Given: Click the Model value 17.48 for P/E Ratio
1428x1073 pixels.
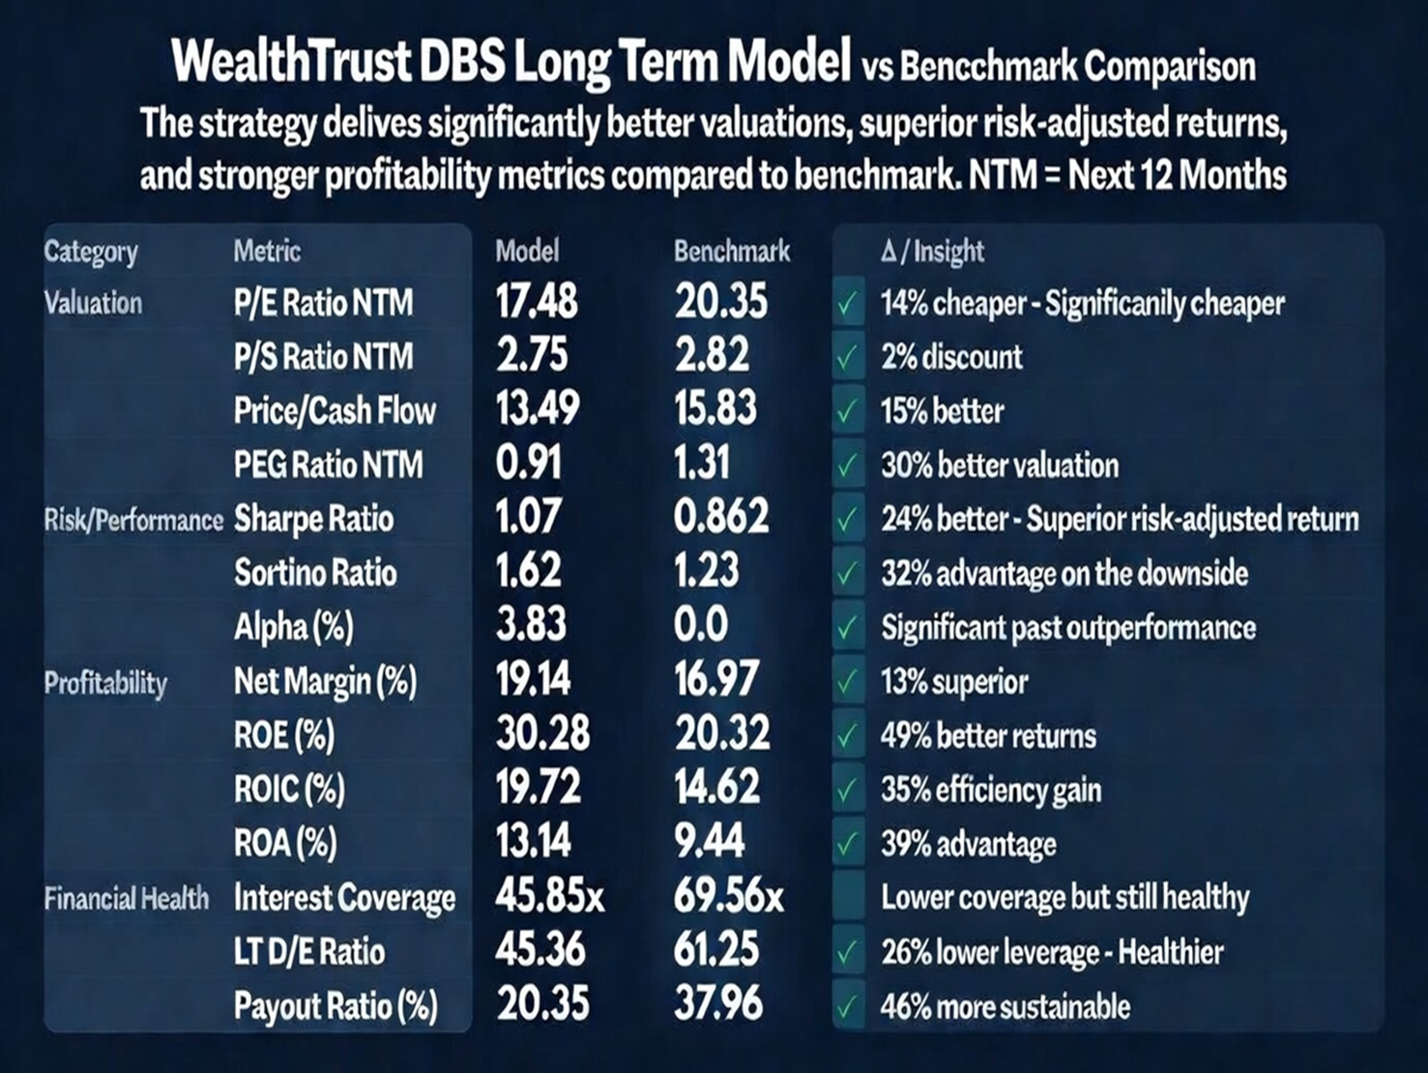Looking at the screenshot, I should pyautogui.click(x=537, y=302).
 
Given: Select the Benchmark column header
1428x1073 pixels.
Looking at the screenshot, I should pyautogui.click(x=732, y=252).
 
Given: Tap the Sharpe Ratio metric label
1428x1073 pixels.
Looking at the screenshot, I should pyautogui.click(x=313, y=519).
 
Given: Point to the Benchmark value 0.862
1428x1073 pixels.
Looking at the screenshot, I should pyautogui.click(x=721, y=518).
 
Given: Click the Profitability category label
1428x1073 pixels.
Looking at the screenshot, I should pyautogui.click(x=105, y=683).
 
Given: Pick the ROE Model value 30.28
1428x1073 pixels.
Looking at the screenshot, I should pyautogui.click(x=542, y=733).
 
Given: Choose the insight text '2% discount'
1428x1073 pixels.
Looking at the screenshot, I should pyautogui.click(x=951, y=357).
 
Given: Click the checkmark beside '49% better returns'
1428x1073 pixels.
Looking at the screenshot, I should pyautogui.click(x=848, y=736).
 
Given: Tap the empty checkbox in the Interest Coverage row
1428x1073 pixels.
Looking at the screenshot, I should pyautogui.click(x=848, y=898).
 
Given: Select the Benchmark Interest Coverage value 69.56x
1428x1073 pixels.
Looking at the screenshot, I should pyautogui.click(x=728, y=897).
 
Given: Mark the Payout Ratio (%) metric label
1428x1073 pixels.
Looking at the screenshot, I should pyautogui.click(x=335, y=1006).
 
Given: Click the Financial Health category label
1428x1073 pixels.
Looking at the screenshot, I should pyautogui.click(x=127, y=899).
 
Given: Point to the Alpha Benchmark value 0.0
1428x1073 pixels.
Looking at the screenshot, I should pyautogui.click(x=701, y=625).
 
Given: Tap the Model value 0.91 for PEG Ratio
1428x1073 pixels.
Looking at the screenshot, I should pyautogui.click(x=528, y=463).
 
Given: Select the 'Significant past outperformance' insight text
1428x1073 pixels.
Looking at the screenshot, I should pyautogui.click(x=1068, y=628).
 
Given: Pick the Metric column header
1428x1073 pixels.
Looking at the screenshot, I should pyautogui.click(x=267, y=252).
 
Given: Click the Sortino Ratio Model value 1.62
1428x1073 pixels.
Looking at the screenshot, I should pyautogui.click(x=528, y=571).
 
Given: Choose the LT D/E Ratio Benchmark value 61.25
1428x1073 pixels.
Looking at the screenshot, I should pyautogui.click(x=716, y=950).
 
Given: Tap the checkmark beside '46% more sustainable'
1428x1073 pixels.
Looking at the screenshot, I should pyautogui.click(x=848, y=1006).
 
